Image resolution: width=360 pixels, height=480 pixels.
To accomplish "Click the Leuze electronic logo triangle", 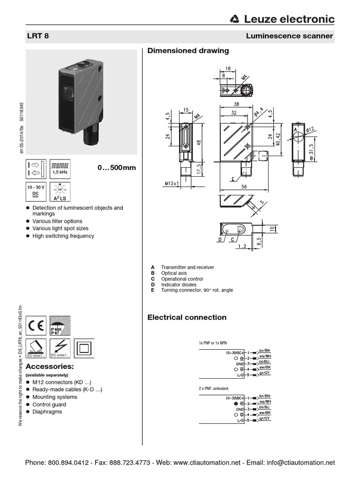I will click(x=235, y=19).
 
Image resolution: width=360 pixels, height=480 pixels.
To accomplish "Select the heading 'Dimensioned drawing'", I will click(x=188, y=51).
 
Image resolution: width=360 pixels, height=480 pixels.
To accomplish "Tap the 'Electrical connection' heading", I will click(x=187, y=317).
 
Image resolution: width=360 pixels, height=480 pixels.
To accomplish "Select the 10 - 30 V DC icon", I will click(x=36, y=192).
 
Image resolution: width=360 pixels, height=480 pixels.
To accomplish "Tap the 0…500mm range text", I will click(x=116, y=168).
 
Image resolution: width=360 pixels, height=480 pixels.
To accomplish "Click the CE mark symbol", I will click(x=36, y=325).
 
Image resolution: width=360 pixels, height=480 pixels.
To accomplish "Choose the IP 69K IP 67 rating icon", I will click(x=60, y=325).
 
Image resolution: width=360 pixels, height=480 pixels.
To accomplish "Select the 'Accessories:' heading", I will click(x=49, y=366).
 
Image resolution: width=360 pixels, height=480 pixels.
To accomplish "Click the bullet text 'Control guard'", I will click(x=49, y=404).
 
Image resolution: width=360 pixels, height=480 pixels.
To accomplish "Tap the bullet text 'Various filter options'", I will click(x=57, y=221).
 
